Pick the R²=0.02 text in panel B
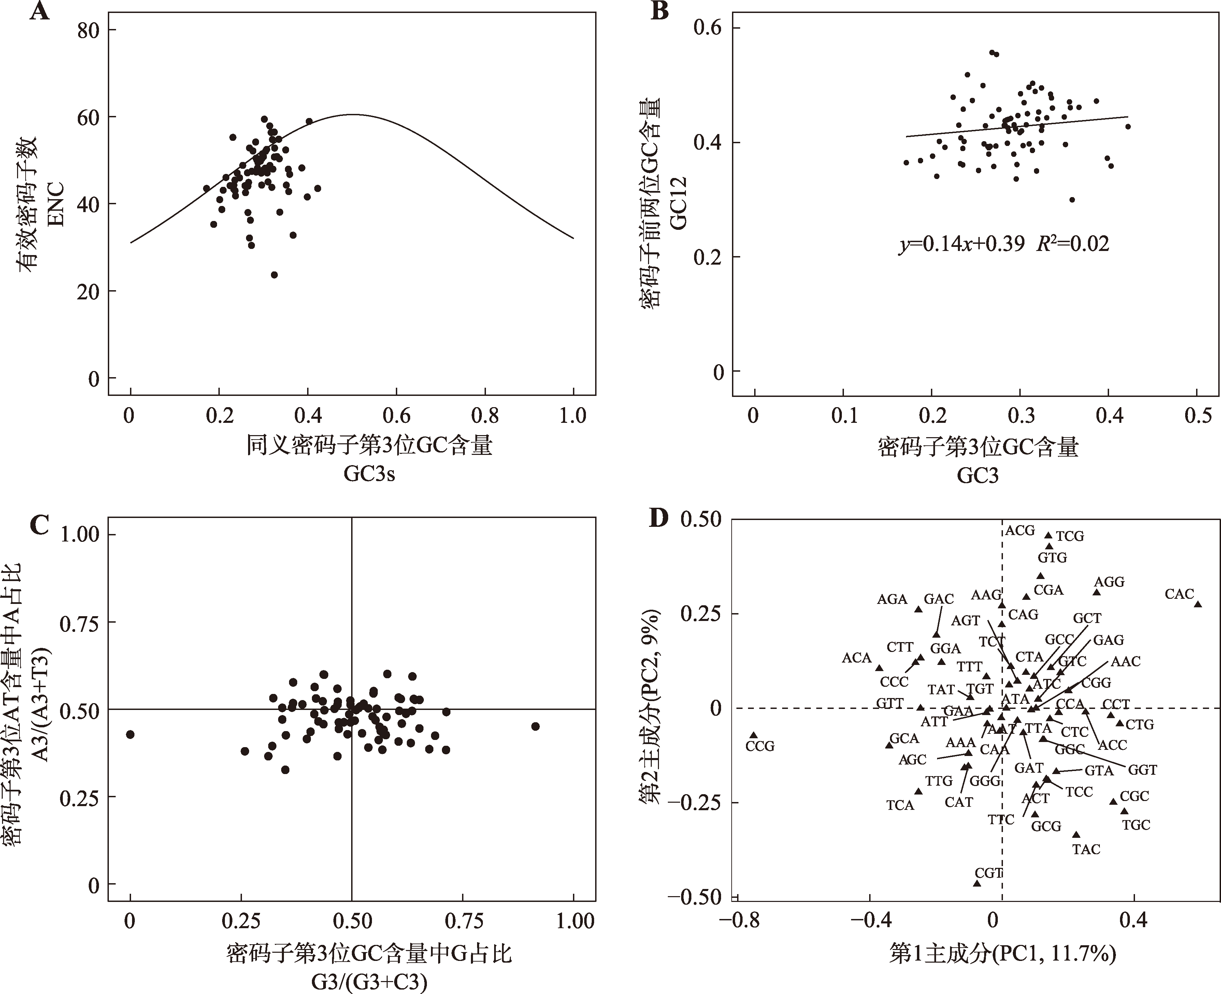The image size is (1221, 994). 1073,244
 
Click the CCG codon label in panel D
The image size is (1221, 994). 760,746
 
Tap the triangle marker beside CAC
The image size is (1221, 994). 1197,604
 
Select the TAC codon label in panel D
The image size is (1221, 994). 1086,849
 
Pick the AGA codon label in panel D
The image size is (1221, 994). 892,599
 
